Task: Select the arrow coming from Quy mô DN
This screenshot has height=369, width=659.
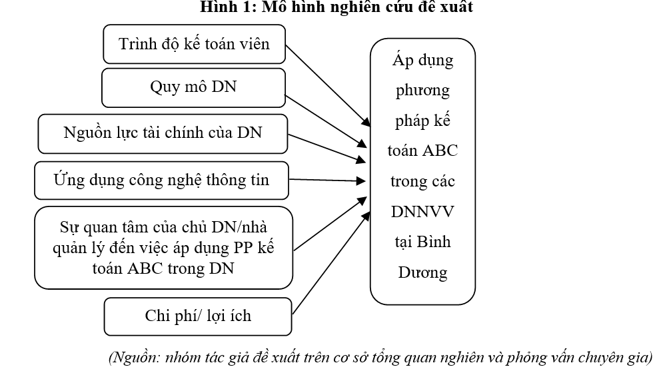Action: [326, 121]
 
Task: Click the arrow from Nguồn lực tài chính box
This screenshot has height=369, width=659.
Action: [327, 149]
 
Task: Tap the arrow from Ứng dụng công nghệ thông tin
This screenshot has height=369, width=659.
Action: [327, 181]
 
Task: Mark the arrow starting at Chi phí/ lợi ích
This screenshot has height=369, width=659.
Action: [331, 263]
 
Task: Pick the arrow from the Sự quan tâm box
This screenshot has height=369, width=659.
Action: [330, 224]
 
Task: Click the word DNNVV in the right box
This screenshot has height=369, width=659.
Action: [422, 211]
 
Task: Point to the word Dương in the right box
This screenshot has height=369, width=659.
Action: [422, 272]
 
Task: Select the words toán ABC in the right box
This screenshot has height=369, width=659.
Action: [422, 151]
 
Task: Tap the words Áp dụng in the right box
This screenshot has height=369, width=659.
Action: [423, 60]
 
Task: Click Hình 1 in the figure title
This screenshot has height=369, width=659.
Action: [227, 7]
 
